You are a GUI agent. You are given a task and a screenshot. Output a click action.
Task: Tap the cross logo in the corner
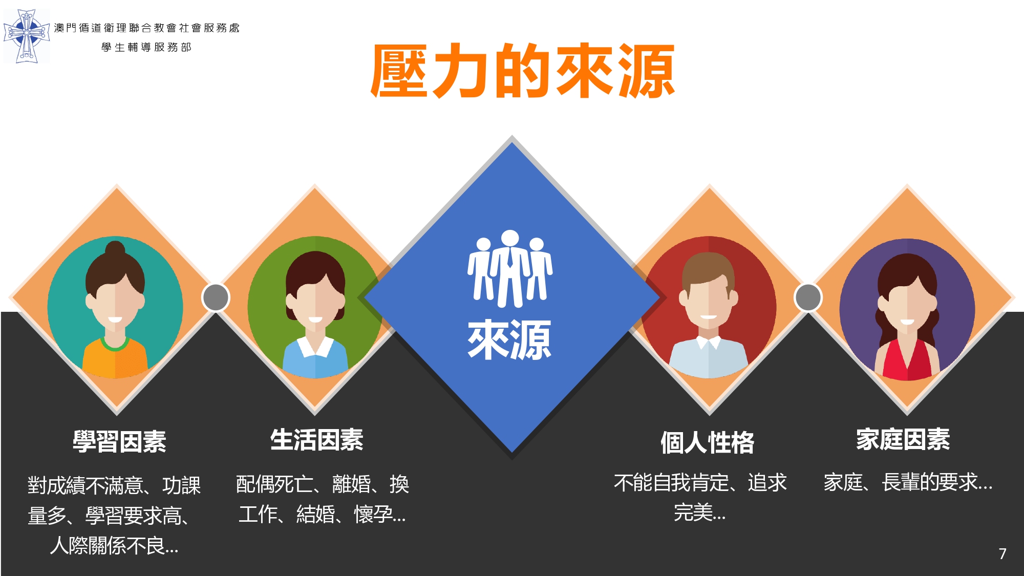tap(27, 36)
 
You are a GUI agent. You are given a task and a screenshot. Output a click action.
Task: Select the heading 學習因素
tap(119, 441)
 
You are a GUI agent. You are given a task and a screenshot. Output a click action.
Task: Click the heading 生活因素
tap(317, 440)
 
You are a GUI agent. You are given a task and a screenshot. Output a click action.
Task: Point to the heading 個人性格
tap(707, 442)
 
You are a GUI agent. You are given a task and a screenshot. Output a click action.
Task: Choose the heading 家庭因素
tap(903, 439)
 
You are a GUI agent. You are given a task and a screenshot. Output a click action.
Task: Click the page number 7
tap(1002, 553)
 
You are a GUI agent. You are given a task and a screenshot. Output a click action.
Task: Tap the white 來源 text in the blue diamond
tap(509, 339)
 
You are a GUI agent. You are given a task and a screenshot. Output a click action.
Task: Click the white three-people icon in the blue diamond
tap(510, 269)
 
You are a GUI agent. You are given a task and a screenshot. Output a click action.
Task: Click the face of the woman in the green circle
tap(315, 305)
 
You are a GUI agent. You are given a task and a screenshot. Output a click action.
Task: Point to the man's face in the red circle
tap(709, 302)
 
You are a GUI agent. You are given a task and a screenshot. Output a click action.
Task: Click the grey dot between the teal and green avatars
tap(216, 297)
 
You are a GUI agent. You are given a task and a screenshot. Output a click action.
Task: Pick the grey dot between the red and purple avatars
tap(808, 297)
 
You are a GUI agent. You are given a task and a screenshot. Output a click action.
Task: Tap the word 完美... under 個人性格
tap(699, 513)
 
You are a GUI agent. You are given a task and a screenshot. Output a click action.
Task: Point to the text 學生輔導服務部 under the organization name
tap(146, 47)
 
